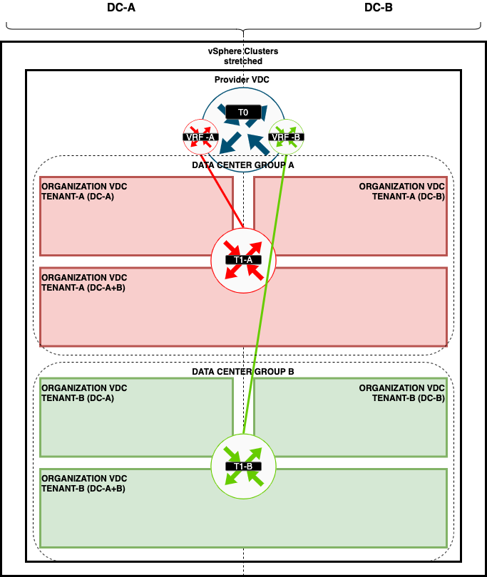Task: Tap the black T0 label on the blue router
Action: pyautogui.click(x=242, y=113)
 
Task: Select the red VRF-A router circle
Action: pyautogui.click(x=200, y=136)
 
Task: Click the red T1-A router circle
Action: pyautogui.click(x=243, y=260)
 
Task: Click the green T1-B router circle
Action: pyautogui.click(x=242, y=466)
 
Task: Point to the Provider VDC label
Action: pyautogui.click(x=242, y=80)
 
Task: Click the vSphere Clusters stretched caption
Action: pyautogui.click(x=243, y=56)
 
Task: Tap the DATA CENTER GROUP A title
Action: pyautogui.click(x=243, y=165)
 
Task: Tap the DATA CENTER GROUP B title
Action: pyautogui.click(x=243, y=372)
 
